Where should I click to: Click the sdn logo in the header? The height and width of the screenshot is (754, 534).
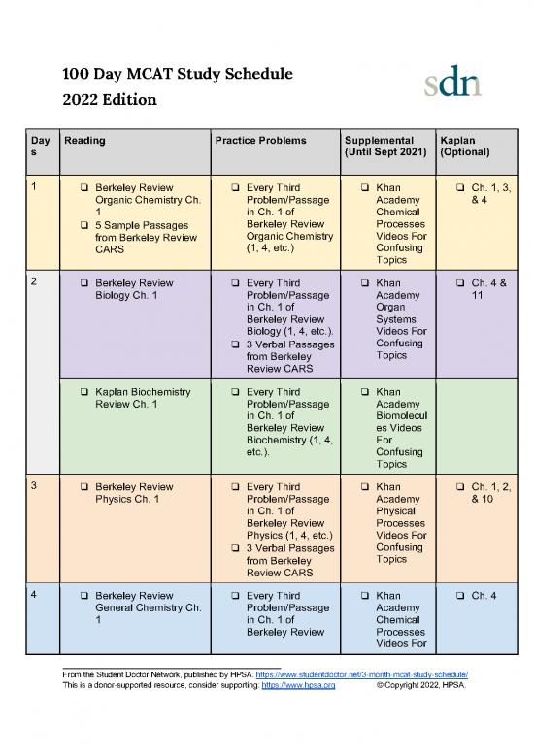pyautogui.click(x=451, y=83)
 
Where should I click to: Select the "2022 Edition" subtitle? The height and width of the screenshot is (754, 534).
pyautogui.click(x=108, y=100)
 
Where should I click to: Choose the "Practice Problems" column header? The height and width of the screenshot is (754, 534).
pyautogui.click(x=260, y=141)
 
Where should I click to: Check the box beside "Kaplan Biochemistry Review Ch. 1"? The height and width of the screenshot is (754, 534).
pyautogui.click(x=85, y=392)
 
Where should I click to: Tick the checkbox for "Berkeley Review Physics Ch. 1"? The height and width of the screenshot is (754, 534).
pyautogui.click(x=85, y=487)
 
